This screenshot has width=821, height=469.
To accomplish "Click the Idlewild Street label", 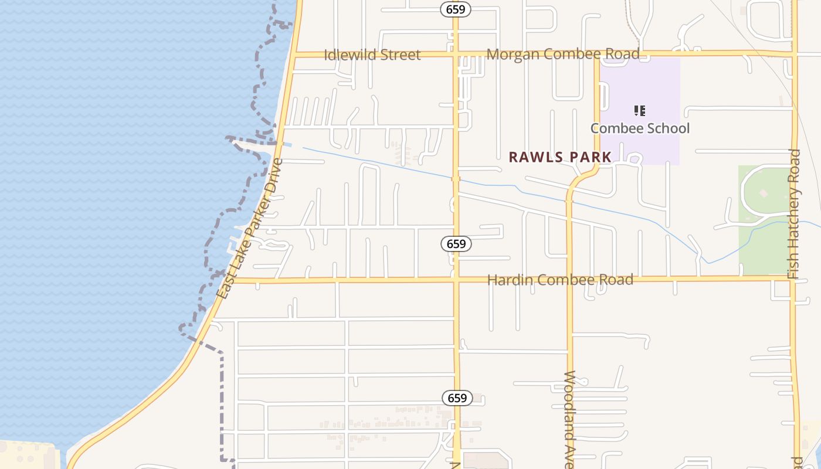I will pyautogui.click(x=372, y=55).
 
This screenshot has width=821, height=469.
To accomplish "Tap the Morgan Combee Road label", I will pyautogui.click(x=563, y=54).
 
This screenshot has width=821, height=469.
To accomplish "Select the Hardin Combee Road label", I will pyautogui.click(x=561, y=280).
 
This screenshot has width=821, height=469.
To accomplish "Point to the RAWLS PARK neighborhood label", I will pyautogui.click(x=560, y=157).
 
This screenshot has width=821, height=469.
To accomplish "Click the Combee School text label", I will pyautogui.click(x=640, y=128).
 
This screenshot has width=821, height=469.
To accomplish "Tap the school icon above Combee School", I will pyautogui.click(x=640, y=110).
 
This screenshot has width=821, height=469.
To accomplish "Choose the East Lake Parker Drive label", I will pyautogui.click(x=250, y=229).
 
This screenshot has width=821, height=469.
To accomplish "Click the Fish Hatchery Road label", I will pyautogui.click(x=794, y=214).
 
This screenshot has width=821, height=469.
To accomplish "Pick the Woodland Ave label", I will pyautogui.click(x=569, y=419).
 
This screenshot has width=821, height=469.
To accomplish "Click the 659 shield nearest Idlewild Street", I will pyautogui.click(x=456, y=9).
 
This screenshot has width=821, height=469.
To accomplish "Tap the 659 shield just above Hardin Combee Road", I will pyautogui.click(x=456, y=244).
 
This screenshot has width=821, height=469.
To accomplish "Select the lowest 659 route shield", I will pyautogui.click(x=457, y=398).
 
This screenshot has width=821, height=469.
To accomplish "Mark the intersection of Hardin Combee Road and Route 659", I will pyautogui.click(x=456, y=280).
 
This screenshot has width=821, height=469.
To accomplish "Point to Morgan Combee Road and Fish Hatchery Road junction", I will pyautogui.click(x=795, y=54).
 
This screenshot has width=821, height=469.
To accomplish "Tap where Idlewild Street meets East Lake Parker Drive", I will pyautogui.click(x=293, y=55).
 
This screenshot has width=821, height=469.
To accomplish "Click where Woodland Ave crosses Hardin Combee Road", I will pyautogui.click(x=569, y=279).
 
